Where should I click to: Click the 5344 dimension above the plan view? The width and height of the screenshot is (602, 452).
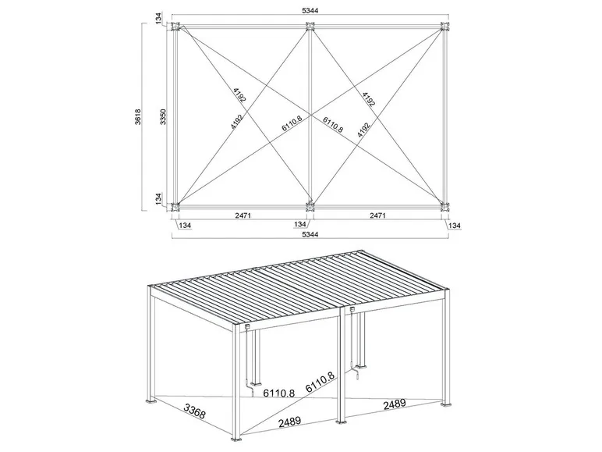point(310,12)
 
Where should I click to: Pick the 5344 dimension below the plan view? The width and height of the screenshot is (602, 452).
point(310,233)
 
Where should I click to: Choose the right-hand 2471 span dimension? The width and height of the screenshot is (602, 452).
point(377,214)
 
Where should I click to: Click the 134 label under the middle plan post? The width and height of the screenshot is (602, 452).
point(300,225)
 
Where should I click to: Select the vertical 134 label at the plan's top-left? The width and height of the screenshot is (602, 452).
point(158,19)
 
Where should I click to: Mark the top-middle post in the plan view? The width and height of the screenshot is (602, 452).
point(310,28)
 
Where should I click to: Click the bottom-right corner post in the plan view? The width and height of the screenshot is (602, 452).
point(445,206)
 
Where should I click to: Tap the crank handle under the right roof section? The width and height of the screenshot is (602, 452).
point(356,376)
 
